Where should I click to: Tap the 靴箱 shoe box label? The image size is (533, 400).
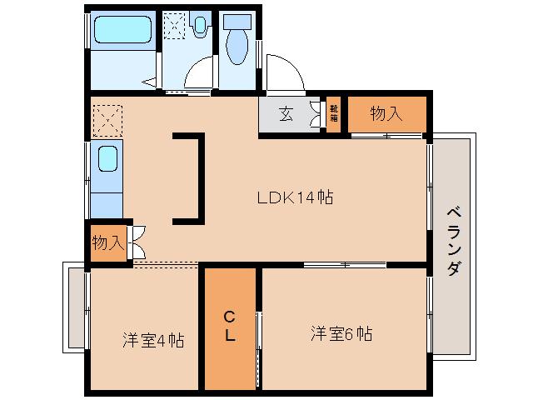pos(333,113)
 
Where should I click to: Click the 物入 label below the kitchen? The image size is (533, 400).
pos(107,243)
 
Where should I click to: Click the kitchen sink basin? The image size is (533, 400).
pos(107,159)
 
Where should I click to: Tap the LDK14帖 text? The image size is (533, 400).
pos(295,198)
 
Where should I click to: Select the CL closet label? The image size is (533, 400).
pos(231,326)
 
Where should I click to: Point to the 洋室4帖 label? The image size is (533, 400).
pos(152,340)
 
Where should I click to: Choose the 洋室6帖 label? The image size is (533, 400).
pos(341,334)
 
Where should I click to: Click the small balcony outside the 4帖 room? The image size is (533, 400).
pos(75,307)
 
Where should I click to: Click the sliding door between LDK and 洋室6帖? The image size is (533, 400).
pos(344,265)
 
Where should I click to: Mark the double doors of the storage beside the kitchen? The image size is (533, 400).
pos(137,242)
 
